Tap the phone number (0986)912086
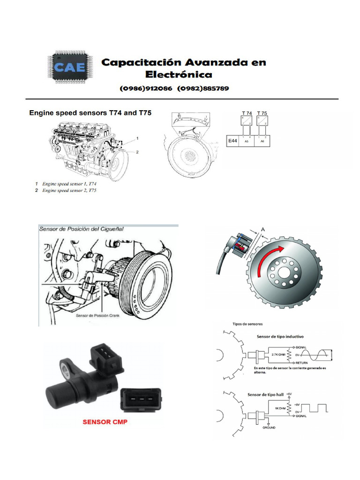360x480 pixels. tap(146, 89)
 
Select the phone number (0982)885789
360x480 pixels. tap(202, 89)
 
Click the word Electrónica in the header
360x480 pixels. tap(178, 75)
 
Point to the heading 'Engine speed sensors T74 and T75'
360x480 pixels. tap(90, 113)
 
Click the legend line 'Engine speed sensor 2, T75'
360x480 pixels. tap(69, 191)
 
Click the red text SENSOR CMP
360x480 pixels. tap(105, 421)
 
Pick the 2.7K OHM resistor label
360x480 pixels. tap(277, 354)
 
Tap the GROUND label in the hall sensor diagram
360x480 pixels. tap(269, 427)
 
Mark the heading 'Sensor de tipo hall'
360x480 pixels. tap(265, 394)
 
